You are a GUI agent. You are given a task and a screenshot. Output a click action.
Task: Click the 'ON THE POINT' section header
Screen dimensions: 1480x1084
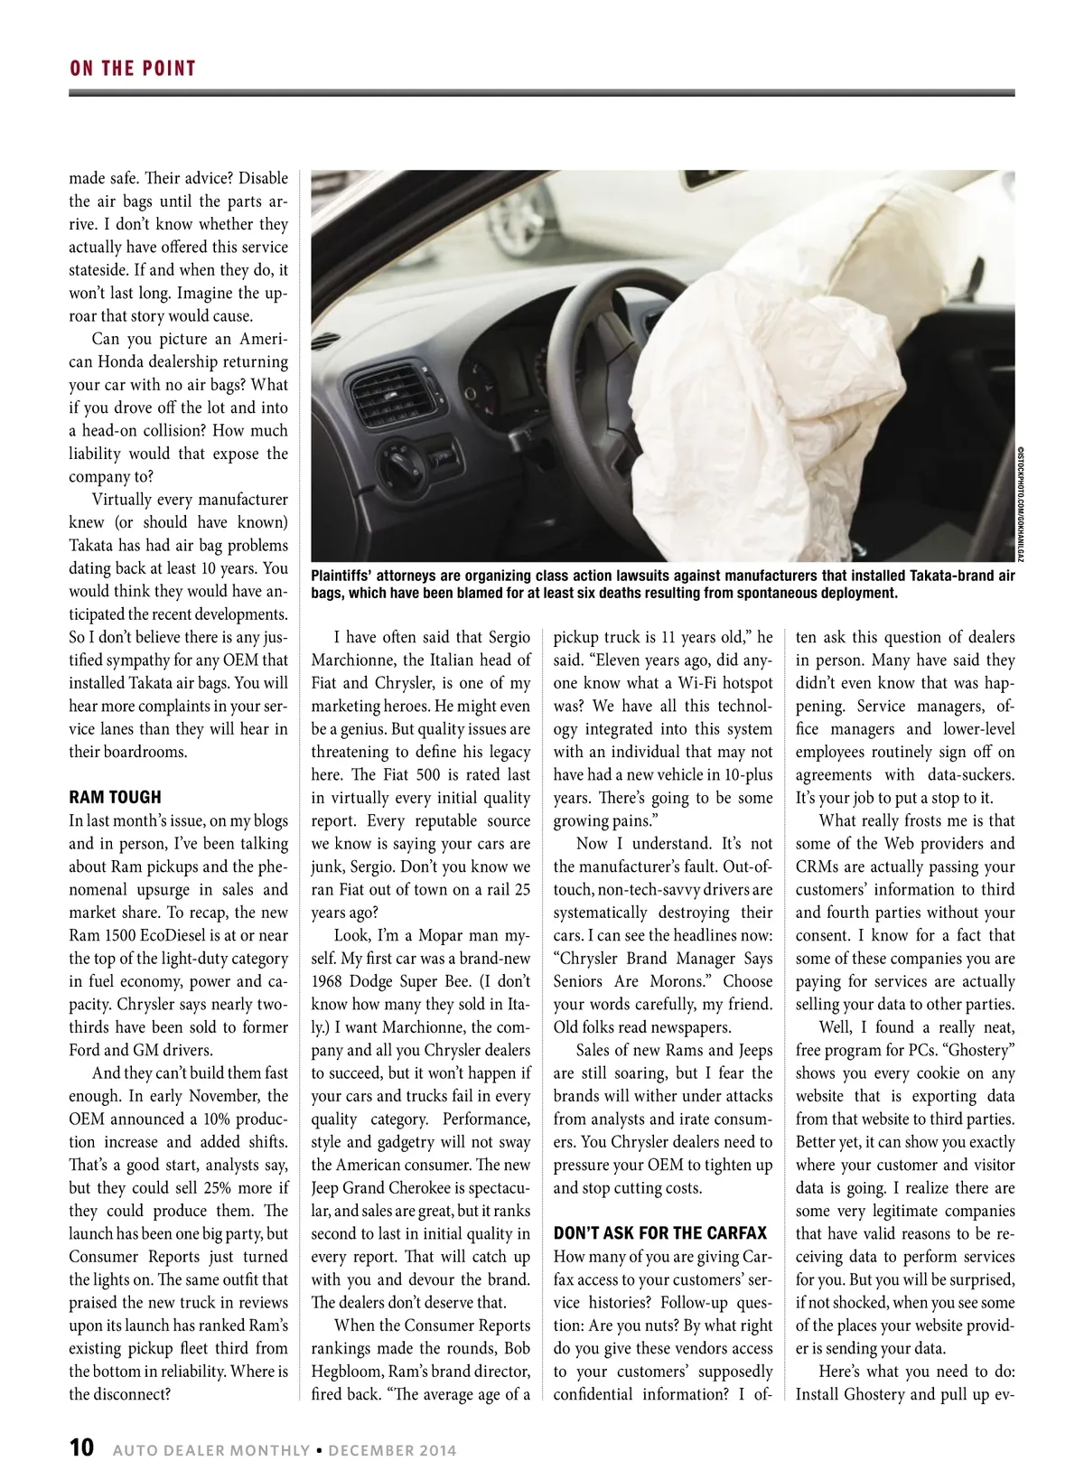(133, 69)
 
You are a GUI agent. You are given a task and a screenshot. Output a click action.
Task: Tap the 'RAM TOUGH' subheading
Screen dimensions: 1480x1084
(115, 797)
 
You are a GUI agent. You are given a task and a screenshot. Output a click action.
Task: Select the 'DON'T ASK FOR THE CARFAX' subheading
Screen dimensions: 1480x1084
(659, 1232)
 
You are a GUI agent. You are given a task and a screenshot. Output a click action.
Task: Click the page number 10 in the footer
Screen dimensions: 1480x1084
(81, 1448)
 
